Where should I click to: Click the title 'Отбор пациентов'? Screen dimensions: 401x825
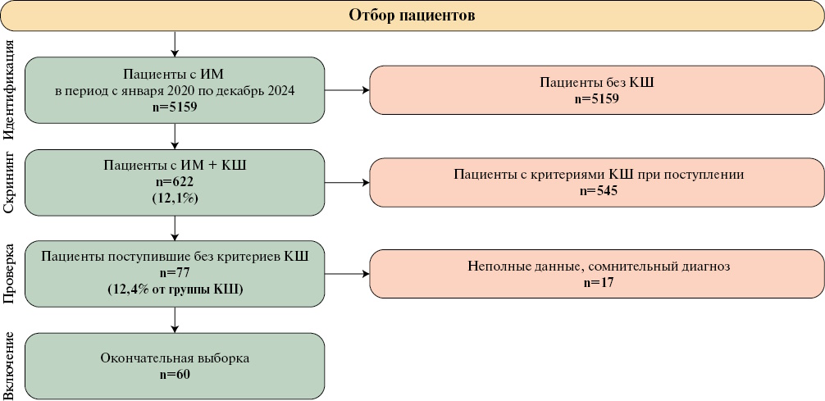coord(412,16)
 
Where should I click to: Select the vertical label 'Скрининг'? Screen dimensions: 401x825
coord(11,182)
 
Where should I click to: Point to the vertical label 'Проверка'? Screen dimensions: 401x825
coord(11,274)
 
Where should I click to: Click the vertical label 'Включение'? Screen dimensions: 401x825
coord(11,366)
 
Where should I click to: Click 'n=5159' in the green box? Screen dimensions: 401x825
coord(175,107)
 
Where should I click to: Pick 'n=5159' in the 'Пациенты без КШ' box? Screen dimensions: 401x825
coord(596,98)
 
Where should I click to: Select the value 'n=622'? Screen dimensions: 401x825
coord(175,181)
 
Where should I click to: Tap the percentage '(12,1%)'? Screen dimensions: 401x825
coord(175,198)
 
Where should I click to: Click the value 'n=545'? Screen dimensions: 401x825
coord(596,190)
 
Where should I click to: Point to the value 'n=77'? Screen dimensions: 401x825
coord(175,273)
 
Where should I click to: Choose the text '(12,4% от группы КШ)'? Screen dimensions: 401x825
coord(175,289)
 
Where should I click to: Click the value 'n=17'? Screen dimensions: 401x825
coord(596,282)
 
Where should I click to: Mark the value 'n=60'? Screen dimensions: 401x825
coord(175,374)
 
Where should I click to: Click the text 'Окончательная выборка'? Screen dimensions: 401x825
coord(175,358)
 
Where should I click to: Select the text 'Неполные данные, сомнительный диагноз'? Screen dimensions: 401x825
coord(596,267)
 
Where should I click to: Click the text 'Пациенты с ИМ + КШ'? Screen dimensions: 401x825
coord(175,165)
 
